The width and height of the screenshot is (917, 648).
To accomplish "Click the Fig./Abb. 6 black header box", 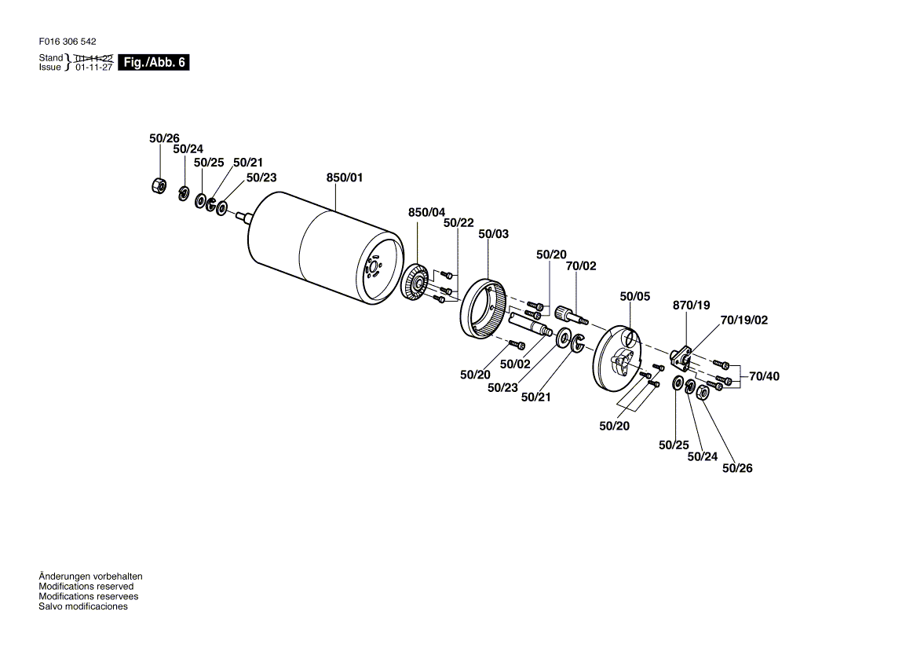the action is tap(154, 62).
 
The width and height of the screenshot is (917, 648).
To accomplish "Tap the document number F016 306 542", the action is tap(68, 42).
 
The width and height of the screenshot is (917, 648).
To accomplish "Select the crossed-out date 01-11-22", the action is tap(93, 58).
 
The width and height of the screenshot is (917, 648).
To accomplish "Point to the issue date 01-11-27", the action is tap(93, 68).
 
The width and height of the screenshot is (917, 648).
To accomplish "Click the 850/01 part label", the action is tap(345, 178).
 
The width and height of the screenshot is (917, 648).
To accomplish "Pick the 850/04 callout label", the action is tap(426, 212).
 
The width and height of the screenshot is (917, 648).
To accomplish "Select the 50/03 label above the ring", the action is tap(494, 234).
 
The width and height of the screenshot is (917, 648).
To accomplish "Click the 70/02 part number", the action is tap(581, 266).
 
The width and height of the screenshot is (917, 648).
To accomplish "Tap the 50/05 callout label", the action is tap(634, 297).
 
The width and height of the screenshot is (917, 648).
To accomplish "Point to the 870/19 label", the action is tap(691, 306).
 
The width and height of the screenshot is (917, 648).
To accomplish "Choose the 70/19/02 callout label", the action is tap(744, 320).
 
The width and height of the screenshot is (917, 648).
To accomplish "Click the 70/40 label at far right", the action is tap(765, 376).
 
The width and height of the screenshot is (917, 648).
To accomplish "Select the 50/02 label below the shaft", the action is tap(515, 364).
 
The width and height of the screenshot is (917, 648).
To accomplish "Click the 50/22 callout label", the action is tap(458, 223).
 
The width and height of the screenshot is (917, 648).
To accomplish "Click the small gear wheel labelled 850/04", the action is tap(416, 284).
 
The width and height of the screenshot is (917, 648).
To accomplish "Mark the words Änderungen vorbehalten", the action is tap(90, 577).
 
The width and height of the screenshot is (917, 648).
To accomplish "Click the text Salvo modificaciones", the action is tap(83, 606).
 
